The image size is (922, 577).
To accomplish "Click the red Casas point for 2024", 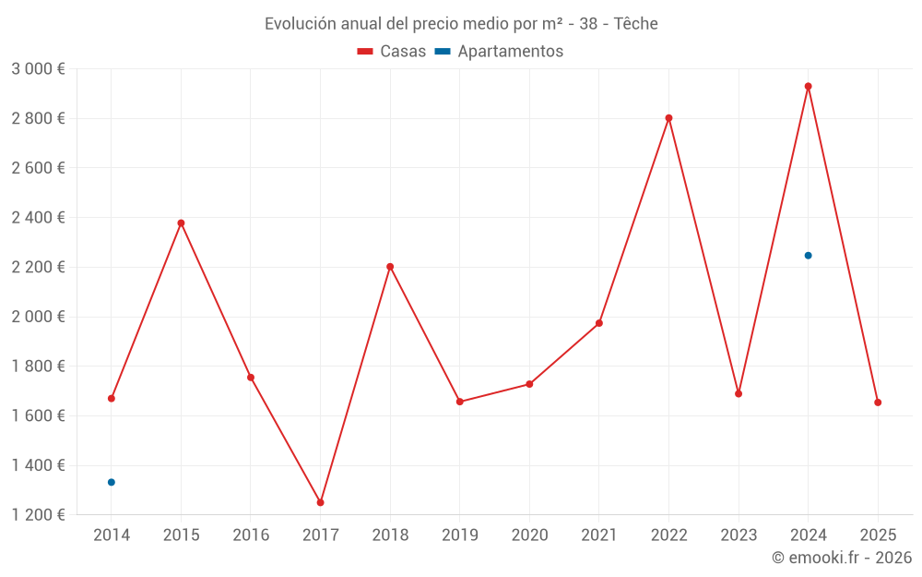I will pos(808,87).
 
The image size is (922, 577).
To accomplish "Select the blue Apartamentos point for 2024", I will pos(808,256).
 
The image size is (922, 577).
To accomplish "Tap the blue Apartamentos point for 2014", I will pos(112,482).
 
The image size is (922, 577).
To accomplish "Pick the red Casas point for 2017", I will pos(321,503).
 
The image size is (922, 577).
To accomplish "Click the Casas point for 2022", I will pos(668,118).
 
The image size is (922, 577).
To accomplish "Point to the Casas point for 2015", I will pos(181,223).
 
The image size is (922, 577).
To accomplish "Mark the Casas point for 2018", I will pos(390,267).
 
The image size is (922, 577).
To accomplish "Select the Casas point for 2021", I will pos(599,323).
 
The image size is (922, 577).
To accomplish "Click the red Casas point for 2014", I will pos(112,399).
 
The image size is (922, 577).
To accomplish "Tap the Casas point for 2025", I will pos(878,403).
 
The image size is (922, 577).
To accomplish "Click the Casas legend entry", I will pos(392,52).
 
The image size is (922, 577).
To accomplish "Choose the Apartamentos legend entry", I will pos(499,52).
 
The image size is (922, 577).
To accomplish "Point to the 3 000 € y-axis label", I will pos(38,69).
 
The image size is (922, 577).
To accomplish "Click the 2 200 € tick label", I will pos(38,267).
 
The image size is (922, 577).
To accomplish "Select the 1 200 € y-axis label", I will pos(38,514).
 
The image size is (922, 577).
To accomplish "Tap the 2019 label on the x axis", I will pos(460,535).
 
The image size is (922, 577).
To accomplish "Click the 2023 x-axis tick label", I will pos(739,535).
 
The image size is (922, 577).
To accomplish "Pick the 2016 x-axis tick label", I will pos(251,535).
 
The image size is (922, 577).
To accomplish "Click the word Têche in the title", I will pos(637,24).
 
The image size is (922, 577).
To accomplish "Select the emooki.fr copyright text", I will pos(842,558).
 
